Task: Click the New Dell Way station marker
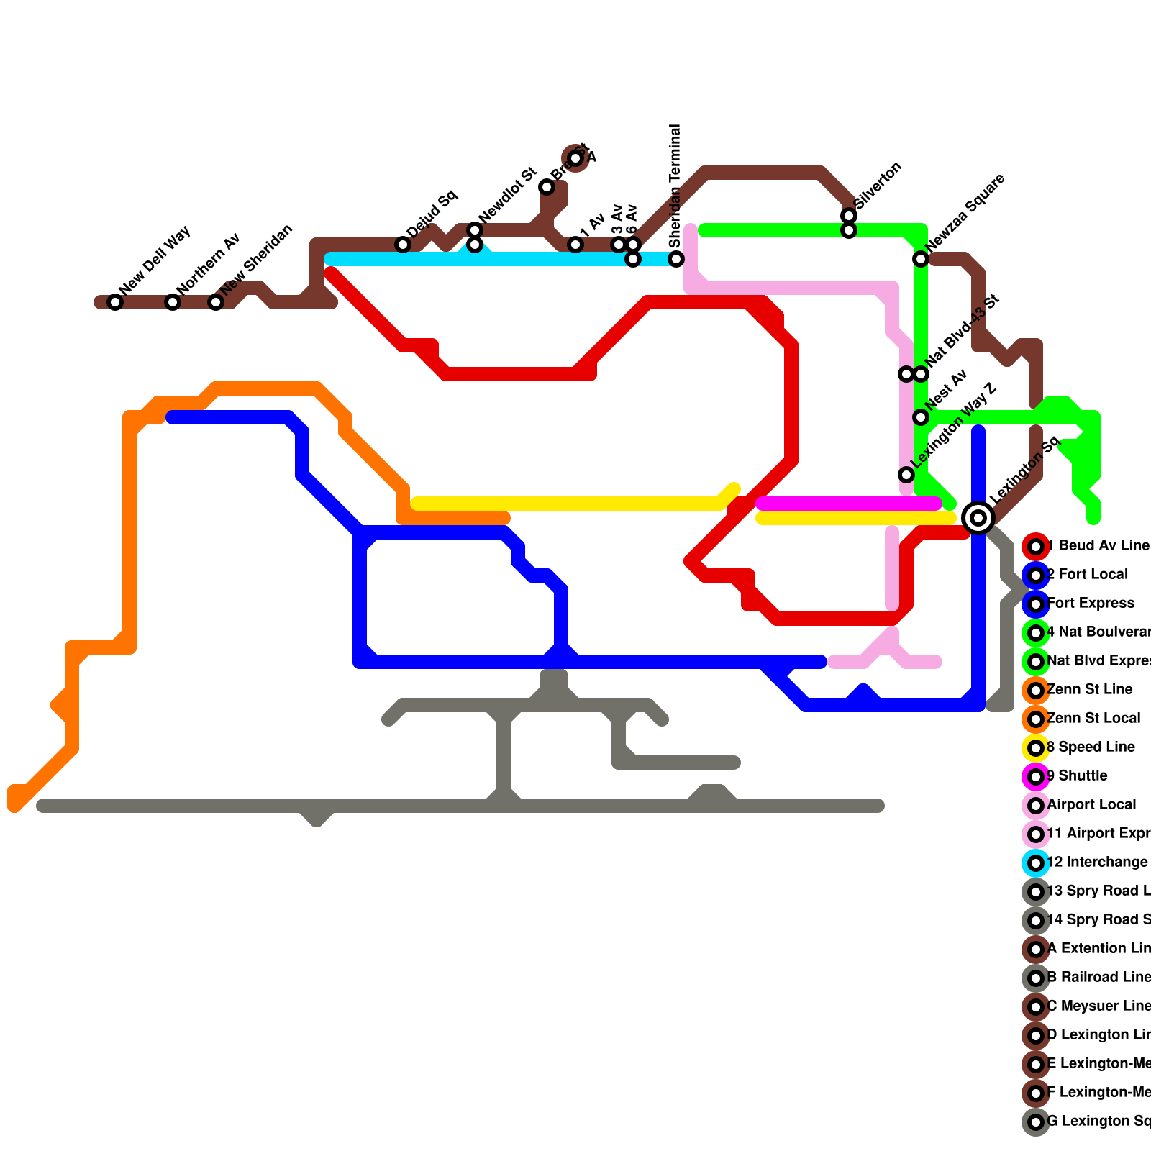pyautogui.click(x=115, y=302)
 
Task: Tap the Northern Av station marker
pyautogui.click(x=173, y=302)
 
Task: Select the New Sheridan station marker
pyautogui.click(x=216, y=302)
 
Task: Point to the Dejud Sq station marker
pyautogui.click(x=403, y=245)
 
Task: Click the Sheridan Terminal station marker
pyautogui.click(x=676, y=259)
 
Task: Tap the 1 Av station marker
pyautogui.click(x=575, y=245)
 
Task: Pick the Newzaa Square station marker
pyautogui.click(x=921, y=259)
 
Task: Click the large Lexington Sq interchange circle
pyautogui.click(x=978, y=518)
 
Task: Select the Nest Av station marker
pyautogui.click(x=921, y=417)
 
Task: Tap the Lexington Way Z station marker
pyautogui.click(x=906, y=475)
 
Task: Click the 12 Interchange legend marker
pyautogui.click(x=1036, y=863)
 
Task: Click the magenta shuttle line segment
pyautogui.click(x=849, y=504)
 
